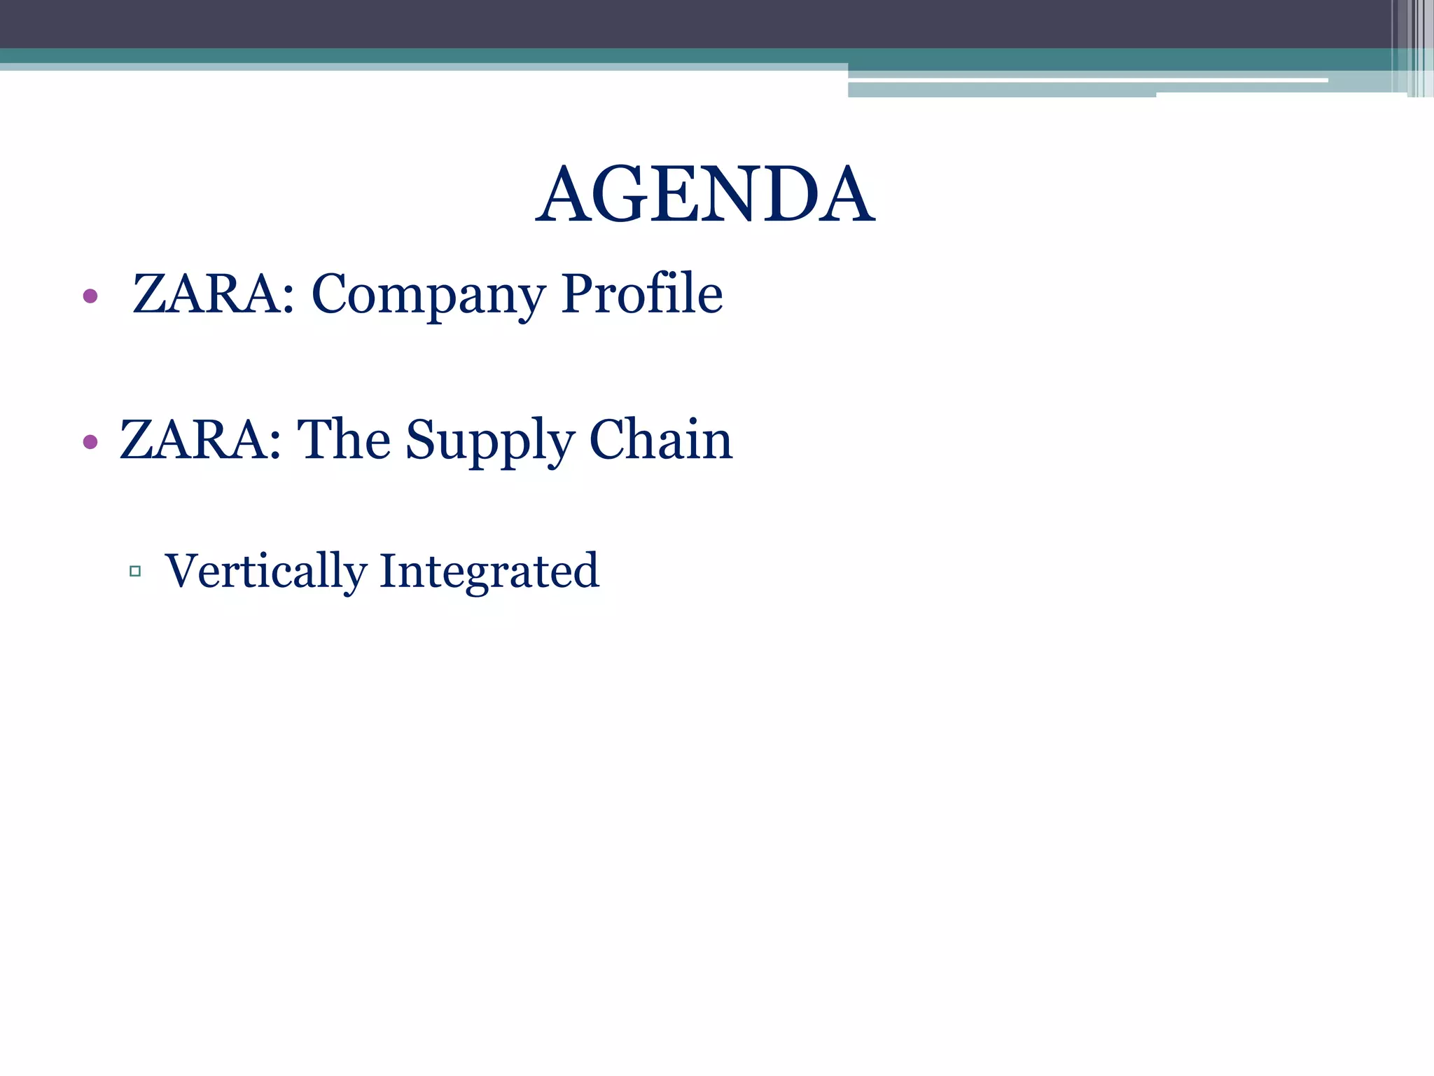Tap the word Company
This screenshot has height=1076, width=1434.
point(428,294)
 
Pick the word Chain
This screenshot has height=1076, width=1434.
point(660,439)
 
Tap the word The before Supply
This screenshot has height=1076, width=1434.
point(344,439)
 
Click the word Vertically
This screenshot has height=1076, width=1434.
point(265,571)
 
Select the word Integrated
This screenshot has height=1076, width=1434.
point(489,571)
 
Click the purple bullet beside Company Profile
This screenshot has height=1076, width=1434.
point(90,296)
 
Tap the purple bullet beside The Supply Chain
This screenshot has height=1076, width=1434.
point(90,441)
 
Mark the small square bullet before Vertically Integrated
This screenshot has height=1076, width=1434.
point(135,572)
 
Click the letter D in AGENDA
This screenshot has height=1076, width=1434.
point(790,195)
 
